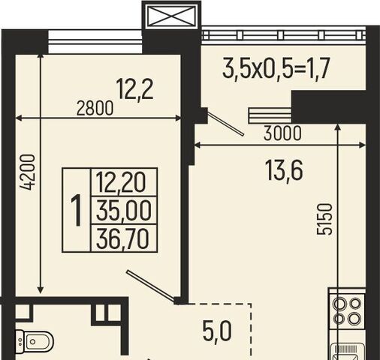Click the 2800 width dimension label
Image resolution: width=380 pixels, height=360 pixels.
pyautogui.click(x=95, y=109)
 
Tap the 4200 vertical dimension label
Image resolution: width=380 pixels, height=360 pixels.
pyautogui.click(x=28, y=172)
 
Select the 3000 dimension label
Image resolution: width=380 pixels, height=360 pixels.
pyautogui.click(x=282, y=133)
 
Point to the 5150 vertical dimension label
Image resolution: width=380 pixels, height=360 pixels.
pyautogui.click(x=324, y=219)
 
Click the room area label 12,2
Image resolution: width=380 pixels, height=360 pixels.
pyautogui.click(x=135, y=89)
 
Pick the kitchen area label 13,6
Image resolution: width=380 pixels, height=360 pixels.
pyautogui.click(x=284, y=170)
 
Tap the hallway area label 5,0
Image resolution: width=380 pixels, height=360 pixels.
pyautogui.click(x=217, y=331)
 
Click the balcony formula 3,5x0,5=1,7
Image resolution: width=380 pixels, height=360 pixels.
pyautogui.click(x=276, y=68)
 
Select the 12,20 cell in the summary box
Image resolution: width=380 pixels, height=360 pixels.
pyautogui.click(x=121, y=182)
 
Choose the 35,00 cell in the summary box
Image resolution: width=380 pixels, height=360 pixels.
pyautogui.click(x=124, y=211)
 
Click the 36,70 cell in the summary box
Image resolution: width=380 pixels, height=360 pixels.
pyautogui.click(x=122, y=238)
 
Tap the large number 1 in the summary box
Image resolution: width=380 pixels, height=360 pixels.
pyautogui.click(x=76, y=210)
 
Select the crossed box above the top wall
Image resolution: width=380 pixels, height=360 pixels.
pyautogui.click(x=171, y=16)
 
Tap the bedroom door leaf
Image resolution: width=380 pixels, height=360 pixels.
pyautogui.click(x=151, y=286)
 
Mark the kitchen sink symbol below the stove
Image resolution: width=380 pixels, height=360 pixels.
pyautogui.click(x=348, y=352)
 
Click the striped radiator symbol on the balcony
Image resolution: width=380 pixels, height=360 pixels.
pyautogui.click(x=270, y=115)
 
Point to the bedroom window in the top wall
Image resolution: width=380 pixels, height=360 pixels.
pyautogui.click(x=95, y=42)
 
